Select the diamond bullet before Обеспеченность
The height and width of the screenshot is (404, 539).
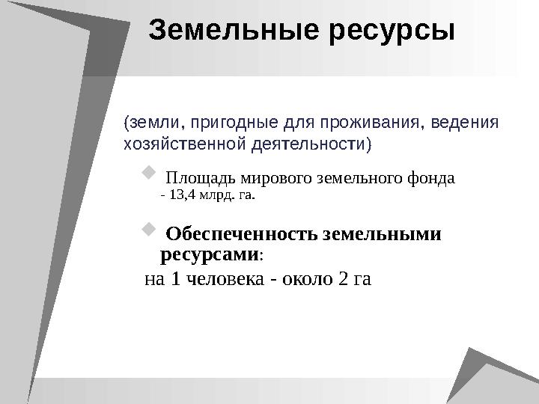pyautogui.click(x=146, y=227)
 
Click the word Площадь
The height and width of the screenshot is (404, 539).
pyautogui.click(x=196, y=179)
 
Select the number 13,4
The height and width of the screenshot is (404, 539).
pyautogui.click(x=183, y=198)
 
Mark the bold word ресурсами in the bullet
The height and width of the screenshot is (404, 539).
pyautogui.click(x=209, y=254)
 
